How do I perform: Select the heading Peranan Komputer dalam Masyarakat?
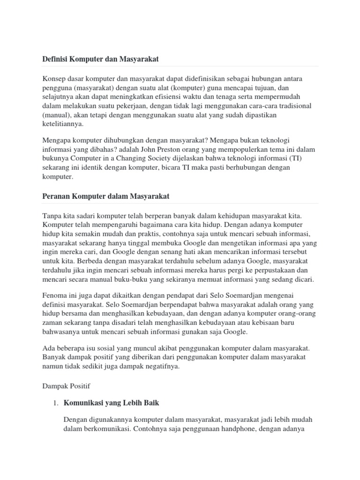coord(103,196)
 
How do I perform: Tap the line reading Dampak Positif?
coord(66,386)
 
